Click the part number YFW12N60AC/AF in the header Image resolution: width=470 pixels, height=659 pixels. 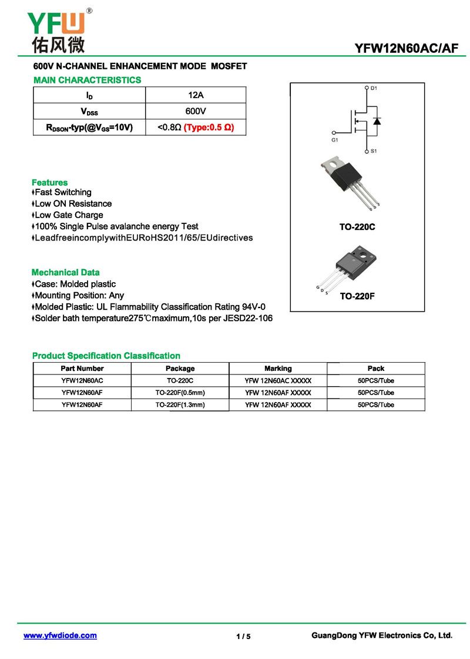pos(406,49)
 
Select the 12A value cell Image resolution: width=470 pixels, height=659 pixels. pos(195,95)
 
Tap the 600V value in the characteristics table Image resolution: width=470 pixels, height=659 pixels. pos(195,111)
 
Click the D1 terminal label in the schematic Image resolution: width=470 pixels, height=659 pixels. pos(374,88)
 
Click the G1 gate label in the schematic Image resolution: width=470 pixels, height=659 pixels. pos(335,141)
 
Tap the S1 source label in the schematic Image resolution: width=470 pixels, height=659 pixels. pos(374,151)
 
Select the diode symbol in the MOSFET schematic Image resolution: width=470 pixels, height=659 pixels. pos(377,121)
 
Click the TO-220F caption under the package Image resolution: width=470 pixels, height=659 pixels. pos(357,296)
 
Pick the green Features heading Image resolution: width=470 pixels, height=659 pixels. pos(49,182)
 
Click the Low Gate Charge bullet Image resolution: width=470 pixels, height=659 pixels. pos(68,215)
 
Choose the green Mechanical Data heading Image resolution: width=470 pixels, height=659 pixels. pos(65,272)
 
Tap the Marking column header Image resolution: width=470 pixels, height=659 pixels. pos(278,369)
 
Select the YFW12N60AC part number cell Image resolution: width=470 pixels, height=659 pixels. pos(82,381)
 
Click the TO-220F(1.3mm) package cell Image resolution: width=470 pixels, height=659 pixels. pos(180,405)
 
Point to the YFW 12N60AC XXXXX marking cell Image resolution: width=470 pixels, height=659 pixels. pos(278,381)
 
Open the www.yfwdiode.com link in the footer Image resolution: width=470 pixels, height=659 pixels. pos(60,635)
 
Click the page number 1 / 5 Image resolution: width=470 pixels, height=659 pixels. pos(243,637)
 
